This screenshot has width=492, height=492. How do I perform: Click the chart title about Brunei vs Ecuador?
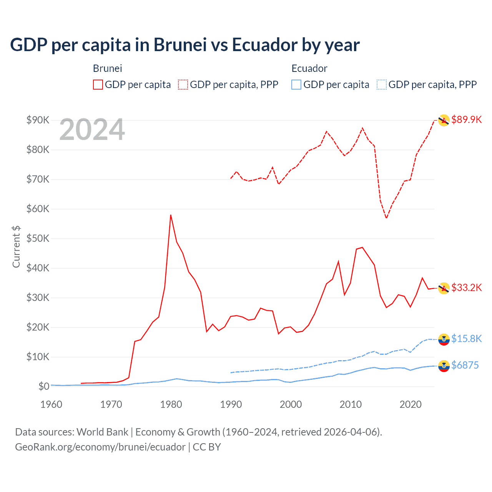coord(184,45)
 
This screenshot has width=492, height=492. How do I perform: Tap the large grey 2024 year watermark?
coord(92,130)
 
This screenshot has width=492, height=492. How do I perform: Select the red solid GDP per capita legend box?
coord(98,85)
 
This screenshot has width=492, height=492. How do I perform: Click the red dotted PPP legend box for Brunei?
coord(183,85)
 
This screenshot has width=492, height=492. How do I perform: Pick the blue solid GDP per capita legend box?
coord(296,85)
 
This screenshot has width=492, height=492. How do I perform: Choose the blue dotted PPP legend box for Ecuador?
coord(382,85)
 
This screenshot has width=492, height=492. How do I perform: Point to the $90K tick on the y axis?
coord(38,120)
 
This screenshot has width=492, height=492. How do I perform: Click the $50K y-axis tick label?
coord(38,238)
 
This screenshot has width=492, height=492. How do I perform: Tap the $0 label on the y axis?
coord(43,386)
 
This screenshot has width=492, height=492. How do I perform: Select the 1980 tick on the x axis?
coord(171,404)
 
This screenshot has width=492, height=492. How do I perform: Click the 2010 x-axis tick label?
coord(351,404)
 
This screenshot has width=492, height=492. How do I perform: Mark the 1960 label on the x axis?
coord(51,404)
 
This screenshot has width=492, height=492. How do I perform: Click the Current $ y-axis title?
coord(16,247)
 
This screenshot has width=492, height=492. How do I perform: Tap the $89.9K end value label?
coord(466,120)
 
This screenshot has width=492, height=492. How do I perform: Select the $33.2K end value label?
coord(466,288)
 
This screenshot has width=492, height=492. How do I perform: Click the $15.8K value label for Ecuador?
coord(466,339)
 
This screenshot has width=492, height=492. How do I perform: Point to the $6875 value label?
coord(465,365)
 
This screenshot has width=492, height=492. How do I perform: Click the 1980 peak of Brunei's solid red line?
coord(171,215)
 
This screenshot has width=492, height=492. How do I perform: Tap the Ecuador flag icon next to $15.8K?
coord(444,339)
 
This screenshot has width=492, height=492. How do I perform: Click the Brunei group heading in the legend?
coord(107,68)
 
